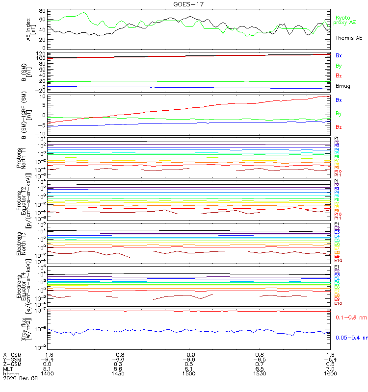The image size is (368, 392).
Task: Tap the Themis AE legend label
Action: tap(348, 38)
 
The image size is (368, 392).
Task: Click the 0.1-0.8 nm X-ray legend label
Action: tap(349, 318)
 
